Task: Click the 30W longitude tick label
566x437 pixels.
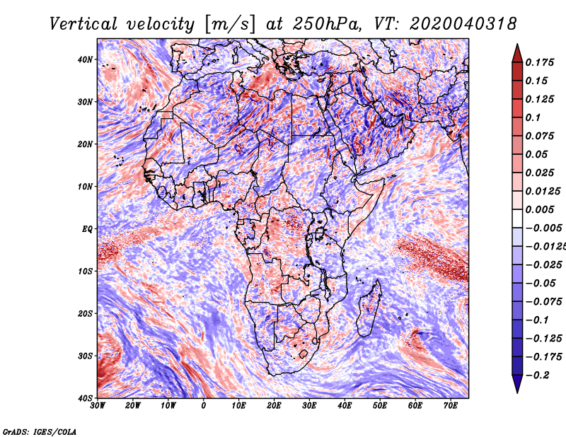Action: coord(98,406)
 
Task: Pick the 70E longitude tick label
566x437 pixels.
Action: coord(450,406)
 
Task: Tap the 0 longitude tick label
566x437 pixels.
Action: coord(204,406)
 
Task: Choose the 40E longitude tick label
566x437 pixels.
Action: coord(345,406)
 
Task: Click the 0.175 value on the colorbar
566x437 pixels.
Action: coord(538,62)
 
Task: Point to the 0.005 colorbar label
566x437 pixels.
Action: coord(538,209)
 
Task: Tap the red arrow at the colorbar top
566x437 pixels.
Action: coord(516,52)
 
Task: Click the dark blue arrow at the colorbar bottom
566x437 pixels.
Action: coord(516,384)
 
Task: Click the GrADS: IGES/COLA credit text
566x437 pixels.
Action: coord(39,430)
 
